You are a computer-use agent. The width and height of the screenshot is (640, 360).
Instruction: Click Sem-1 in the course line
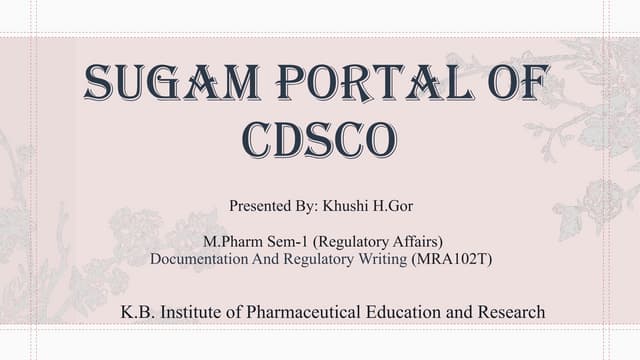pyautogui.click(x=285, y=242)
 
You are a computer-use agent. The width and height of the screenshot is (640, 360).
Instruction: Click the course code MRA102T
pyautogui.click(x=450, y=259)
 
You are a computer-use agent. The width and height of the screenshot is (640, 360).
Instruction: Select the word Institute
pyautogui.click(x=191, y=313)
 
